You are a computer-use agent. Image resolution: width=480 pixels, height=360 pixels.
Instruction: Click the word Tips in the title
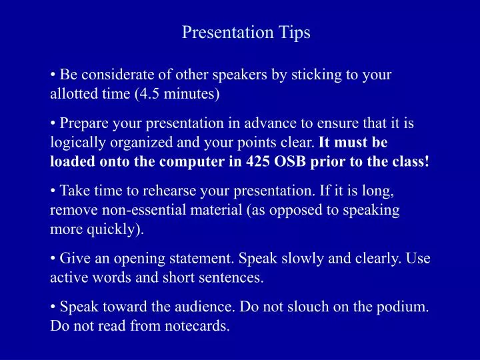coord(294,32)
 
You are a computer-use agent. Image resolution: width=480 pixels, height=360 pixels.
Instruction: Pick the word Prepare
coord(82,123)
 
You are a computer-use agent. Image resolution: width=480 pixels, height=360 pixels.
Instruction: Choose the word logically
coord(75,143)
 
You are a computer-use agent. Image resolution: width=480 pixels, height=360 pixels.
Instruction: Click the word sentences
coord(235,278)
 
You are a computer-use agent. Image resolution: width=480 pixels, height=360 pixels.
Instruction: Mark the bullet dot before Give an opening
coord(53,259)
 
